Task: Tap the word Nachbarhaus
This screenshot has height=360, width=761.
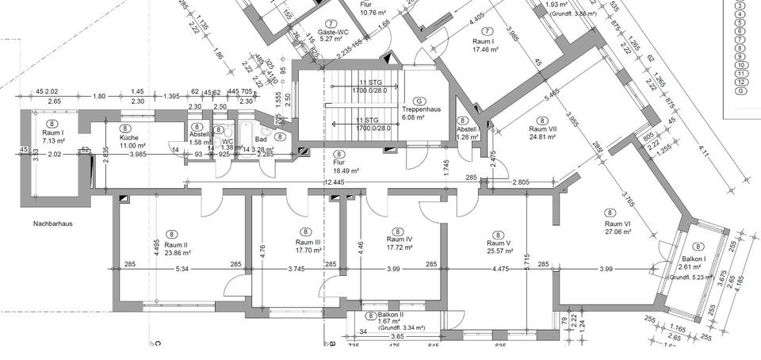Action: pos(53,224)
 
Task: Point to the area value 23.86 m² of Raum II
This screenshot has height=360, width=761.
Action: pos(172,253)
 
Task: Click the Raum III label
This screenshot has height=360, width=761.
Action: pos(308,243)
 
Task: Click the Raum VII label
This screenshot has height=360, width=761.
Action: pos(543,128)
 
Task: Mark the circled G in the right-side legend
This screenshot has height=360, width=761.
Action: pos(740,90)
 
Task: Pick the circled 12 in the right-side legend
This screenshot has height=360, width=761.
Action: pos(740,82)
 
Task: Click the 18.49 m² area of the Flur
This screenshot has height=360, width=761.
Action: pos(346,170)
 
